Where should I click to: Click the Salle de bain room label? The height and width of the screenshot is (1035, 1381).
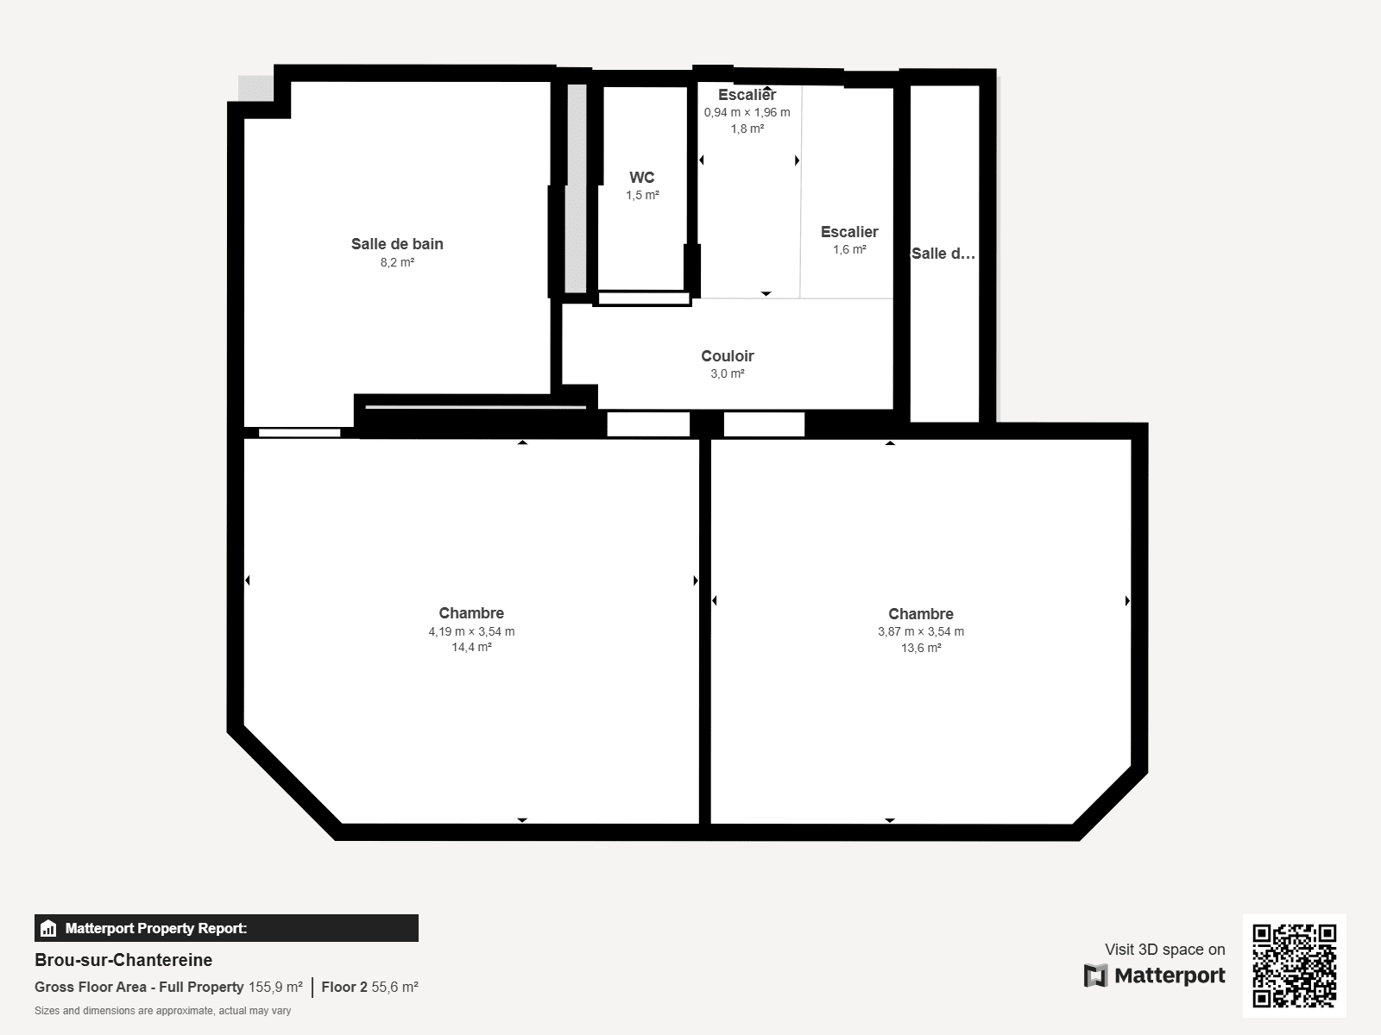[x=397, y=244]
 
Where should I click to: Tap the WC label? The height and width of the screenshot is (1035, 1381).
[x=641, y=178]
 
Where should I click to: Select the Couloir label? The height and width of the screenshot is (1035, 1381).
[x=727, y=356]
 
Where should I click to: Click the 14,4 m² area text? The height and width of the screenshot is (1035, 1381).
[x=471, y=648]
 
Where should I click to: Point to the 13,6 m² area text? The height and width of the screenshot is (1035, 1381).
[x=921, y=649]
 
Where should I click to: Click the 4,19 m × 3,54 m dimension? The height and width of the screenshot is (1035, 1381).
[x=471, y=631]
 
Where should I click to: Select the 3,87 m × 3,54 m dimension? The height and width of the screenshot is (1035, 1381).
[x=921, y=631]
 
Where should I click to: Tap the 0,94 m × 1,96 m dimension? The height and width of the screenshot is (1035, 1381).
[x=747, y=112]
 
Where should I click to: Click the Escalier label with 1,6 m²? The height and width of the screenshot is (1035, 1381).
[x=849, y=232]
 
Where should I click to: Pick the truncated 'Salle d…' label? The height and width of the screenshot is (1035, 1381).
[x=943, y=254]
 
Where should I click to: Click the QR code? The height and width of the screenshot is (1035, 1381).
[x=1294, y=966]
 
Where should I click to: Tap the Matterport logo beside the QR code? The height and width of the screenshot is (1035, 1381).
[x=1154, y=975]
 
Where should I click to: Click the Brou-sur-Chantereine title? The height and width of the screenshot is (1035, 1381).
[x=123, y=960]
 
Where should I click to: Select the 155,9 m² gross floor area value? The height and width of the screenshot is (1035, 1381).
[x=275, y=987]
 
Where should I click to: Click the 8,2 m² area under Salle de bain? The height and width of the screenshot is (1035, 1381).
[x=397, y=262]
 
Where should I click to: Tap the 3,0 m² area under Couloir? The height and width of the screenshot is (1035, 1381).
[x=727, y=373]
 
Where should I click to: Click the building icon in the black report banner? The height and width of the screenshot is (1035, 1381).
[x=48, y=929]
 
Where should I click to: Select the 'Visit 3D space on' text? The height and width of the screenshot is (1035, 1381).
[x=1164, y=950]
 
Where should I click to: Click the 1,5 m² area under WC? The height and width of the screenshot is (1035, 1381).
[x=642, y=196]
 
